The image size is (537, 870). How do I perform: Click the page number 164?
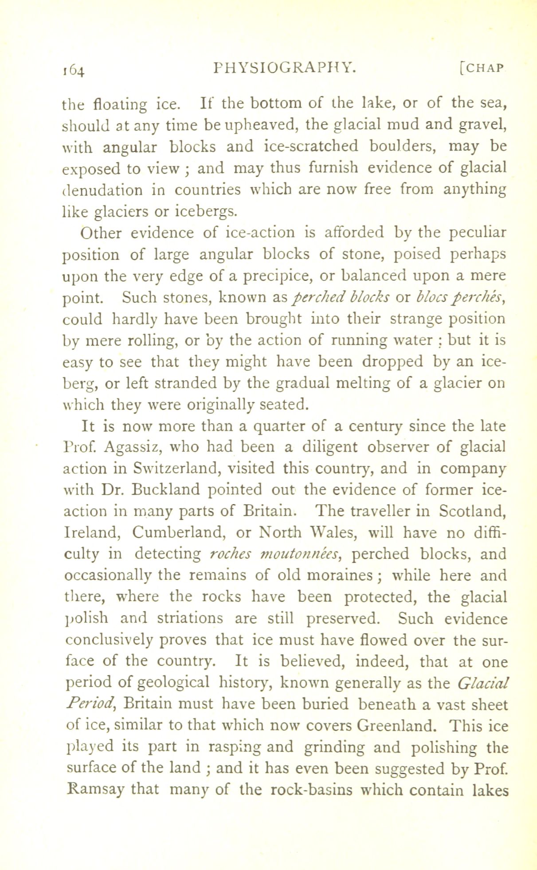(74, 70)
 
